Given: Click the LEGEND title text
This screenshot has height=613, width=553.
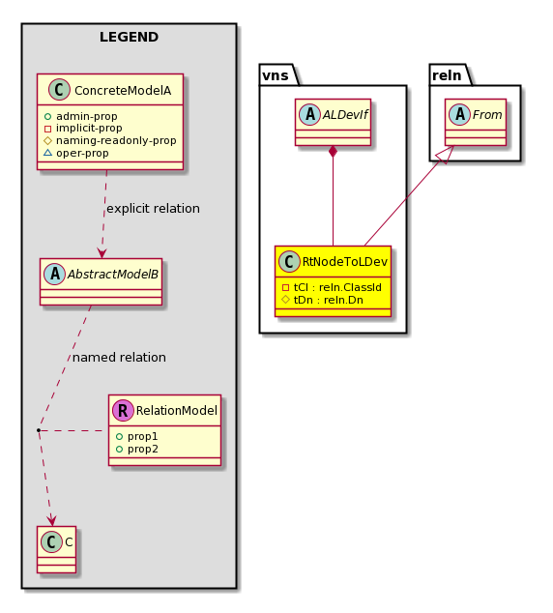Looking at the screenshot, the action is (129, 37).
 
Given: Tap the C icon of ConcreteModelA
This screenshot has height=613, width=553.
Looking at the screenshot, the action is (59, 90).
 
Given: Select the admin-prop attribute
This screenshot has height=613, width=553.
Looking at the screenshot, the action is (86, 116).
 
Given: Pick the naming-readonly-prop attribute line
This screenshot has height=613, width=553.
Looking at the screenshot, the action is (116, 141).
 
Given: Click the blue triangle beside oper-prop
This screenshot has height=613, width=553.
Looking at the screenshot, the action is (47, 153).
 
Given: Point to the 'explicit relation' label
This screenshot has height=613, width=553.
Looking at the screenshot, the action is (153, 209).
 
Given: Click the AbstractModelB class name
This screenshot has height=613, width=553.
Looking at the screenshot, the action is (113, 275).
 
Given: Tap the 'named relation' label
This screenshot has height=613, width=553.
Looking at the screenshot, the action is (119, 358).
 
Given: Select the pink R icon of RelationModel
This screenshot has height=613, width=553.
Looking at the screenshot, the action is (123, 411).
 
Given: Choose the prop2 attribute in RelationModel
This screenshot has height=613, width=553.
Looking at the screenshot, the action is (143, 450).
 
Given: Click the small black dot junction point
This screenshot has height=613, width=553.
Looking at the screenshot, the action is (39, 430).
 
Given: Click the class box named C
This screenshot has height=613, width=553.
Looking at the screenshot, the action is (57, 549).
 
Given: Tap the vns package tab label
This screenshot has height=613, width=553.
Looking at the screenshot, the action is (276, 75).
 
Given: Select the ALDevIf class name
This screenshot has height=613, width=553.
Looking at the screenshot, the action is (345, 115).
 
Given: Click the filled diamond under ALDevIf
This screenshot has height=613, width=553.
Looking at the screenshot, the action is (333, 151).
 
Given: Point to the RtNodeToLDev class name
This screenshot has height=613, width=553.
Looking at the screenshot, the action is (345, 262).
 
